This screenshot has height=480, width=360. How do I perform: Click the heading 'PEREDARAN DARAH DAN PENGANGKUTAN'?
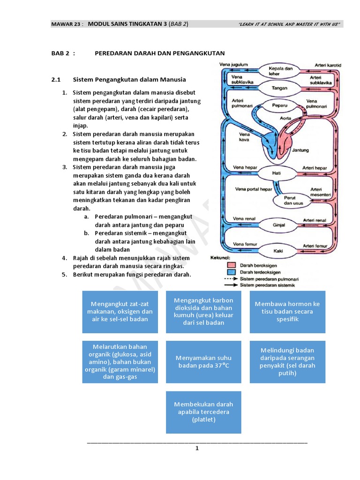point(159,53)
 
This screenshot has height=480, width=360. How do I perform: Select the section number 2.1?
point(56,79)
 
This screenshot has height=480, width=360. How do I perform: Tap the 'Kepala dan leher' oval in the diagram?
point(280,71)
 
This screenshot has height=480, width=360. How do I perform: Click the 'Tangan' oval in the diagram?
point(280,88)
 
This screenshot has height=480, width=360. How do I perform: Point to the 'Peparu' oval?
point(280,106)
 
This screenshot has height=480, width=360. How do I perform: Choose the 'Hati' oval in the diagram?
point(277,172)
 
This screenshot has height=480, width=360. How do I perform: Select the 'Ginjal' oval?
point(279,225)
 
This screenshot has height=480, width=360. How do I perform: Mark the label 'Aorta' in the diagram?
point(285,119)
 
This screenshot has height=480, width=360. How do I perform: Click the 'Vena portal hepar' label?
point(253,189)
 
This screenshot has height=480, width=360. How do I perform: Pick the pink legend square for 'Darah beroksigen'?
point(231,265)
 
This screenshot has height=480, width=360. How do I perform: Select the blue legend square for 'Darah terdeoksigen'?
point(231,271)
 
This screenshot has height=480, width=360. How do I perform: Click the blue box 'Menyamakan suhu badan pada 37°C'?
point(203,362)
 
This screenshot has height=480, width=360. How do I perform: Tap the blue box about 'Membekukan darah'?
point(203,412)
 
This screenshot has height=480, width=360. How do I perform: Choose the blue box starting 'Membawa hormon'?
point(287,311)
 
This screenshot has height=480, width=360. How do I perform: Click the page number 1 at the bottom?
point(197,448)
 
